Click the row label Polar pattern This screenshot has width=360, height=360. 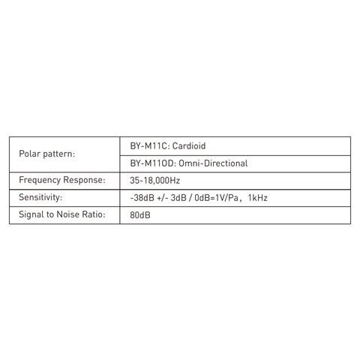(47, 154)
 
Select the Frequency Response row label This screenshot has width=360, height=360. (62, 180)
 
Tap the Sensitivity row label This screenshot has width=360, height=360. (40, 197)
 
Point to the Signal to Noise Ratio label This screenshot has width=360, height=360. (62, 214)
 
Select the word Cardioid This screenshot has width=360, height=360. (189, 146)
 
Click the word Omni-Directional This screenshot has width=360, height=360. (213, 163)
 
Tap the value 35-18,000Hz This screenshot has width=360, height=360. (155, 181)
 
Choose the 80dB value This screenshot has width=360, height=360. (140, 215)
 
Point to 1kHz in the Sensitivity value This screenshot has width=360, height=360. (258, 198)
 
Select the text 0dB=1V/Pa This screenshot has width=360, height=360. (217, 198)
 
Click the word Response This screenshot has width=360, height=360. (84, 181)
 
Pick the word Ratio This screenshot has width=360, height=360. (94, 214)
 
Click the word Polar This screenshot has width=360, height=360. (29, 154)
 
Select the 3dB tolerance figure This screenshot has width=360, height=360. (178, 198)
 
